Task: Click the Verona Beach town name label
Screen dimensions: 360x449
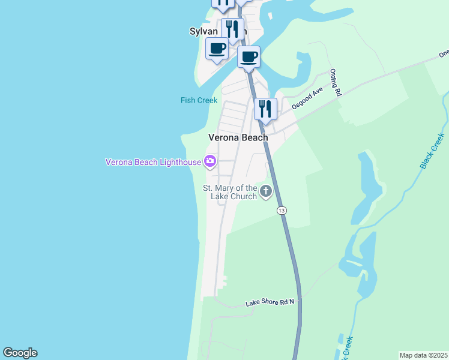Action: (x=238, y=137)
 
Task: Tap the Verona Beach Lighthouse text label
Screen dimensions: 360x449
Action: (x=154, y=161)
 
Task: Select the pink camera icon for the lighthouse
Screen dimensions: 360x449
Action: (x=210, y=161)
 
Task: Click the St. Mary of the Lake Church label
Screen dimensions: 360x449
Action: (x=230, y=192)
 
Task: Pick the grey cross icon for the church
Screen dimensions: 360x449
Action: (x=265, y=192)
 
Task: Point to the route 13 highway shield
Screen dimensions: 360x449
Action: (x=282, y=210)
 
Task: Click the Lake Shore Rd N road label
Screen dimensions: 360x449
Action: (x=270, y=302)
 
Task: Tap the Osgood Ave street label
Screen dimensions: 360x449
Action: (x=307, y=97)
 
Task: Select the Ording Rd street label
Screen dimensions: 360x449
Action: (x=335, y=83)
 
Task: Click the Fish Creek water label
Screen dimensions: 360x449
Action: (x=199, y=100)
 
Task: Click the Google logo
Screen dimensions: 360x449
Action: (x=20, y=353)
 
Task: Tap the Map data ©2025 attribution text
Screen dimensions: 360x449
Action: (x=423, y=355)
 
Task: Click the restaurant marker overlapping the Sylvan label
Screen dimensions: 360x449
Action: (x=232, y=29)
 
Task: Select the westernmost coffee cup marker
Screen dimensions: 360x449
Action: (x=217, y=49)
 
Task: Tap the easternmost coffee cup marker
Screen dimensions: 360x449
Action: (x=249, y=58)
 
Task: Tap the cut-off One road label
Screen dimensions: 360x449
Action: (x=444, y=53)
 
